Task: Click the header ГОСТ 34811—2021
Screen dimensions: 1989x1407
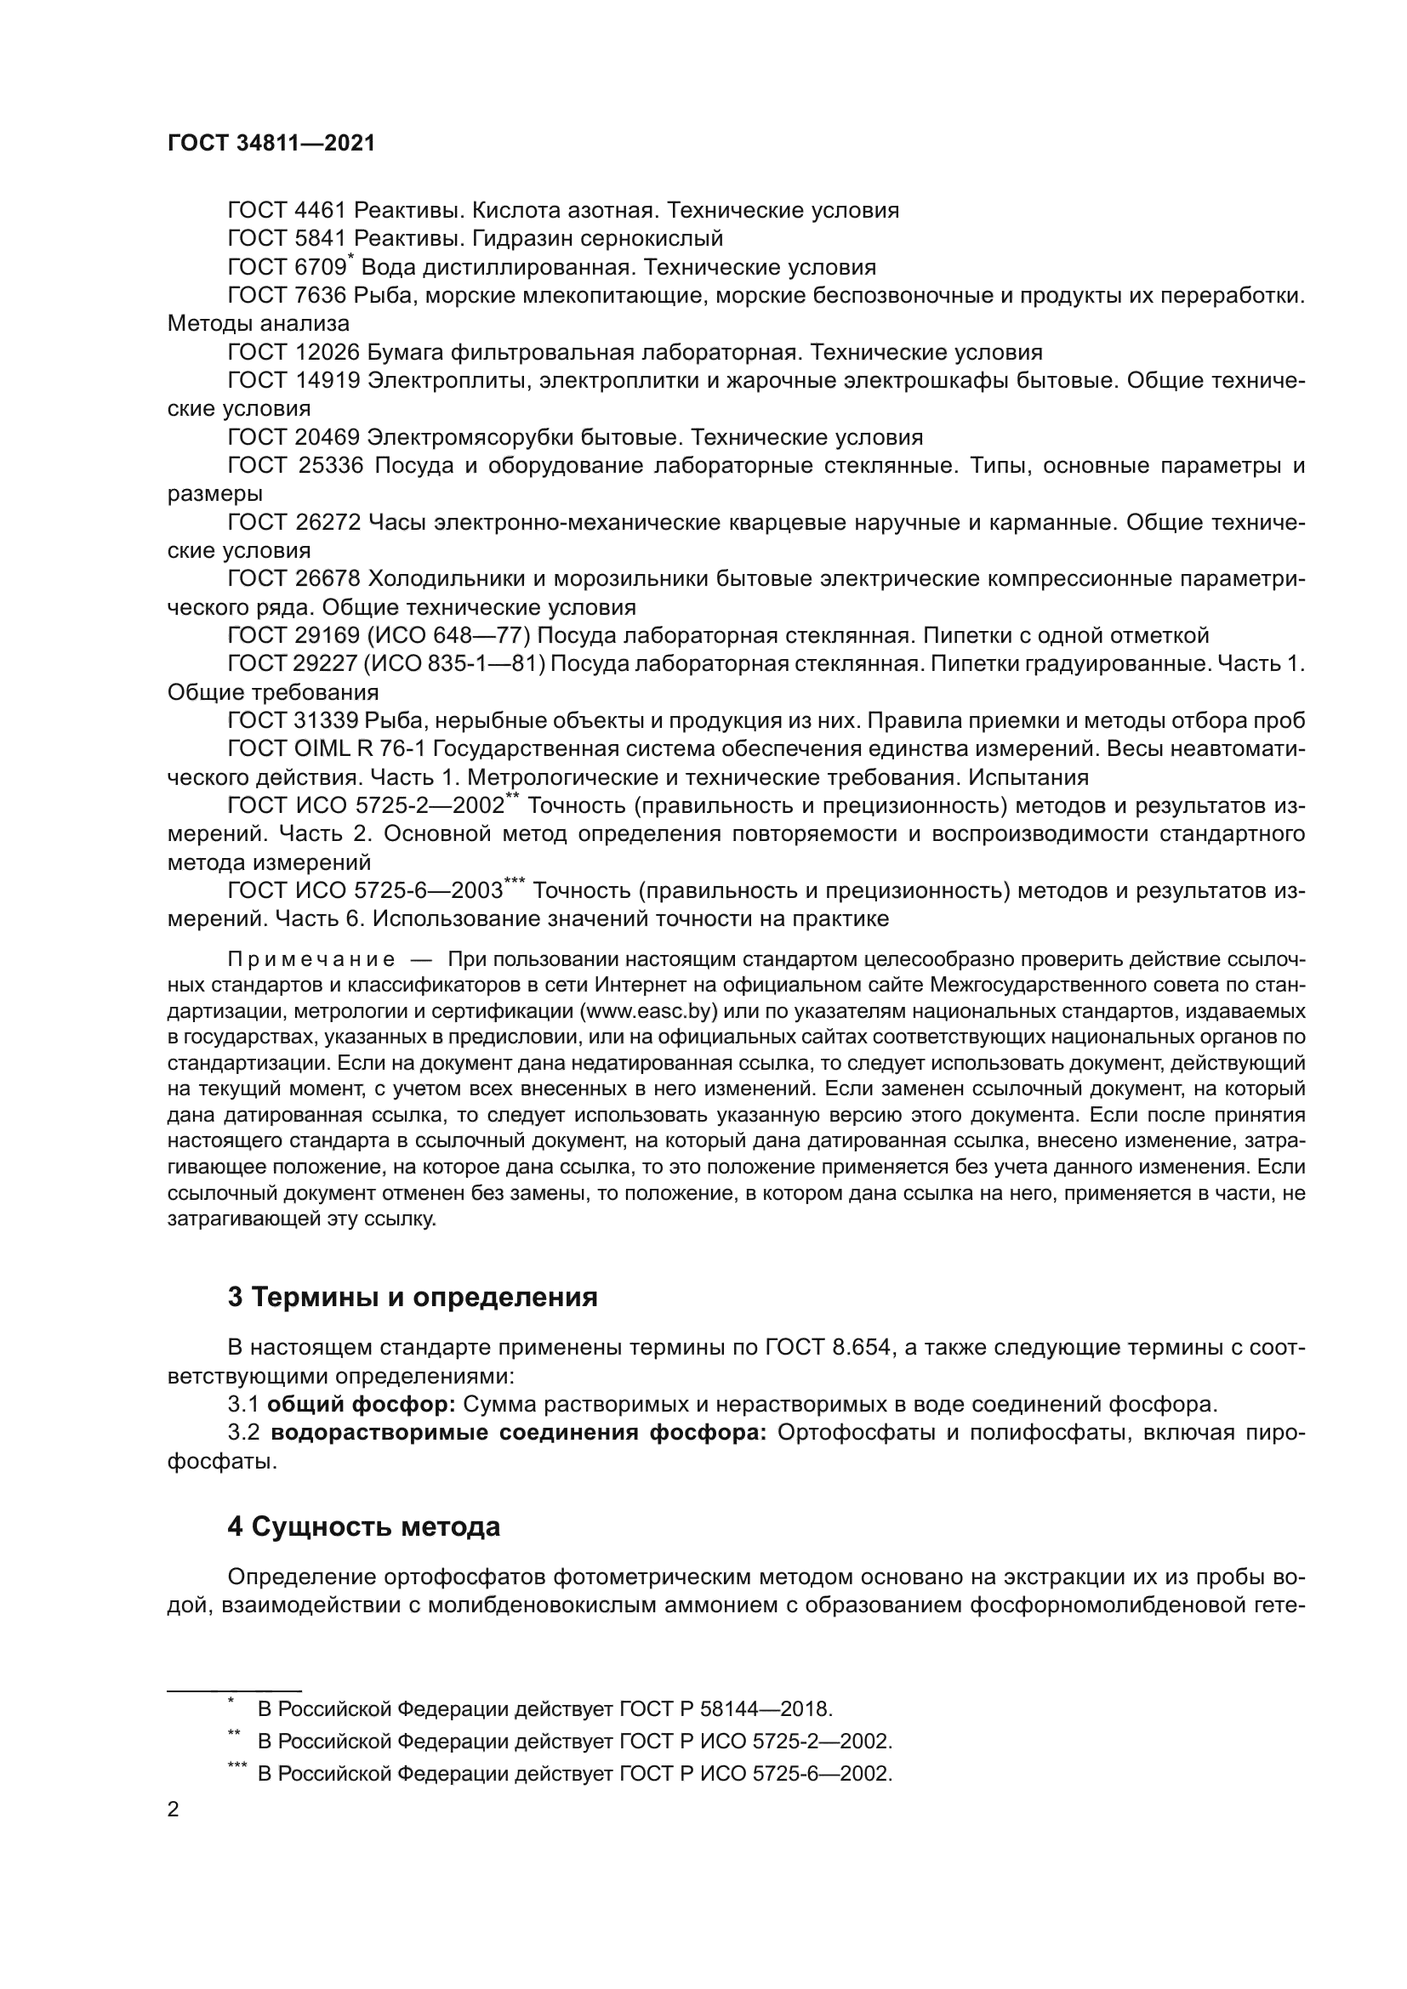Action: click(271, 143)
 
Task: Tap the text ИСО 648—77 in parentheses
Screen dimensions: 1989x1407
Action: click(448, 636)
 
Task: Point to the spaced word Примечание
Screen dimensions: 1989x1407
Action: click(311, 960)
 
